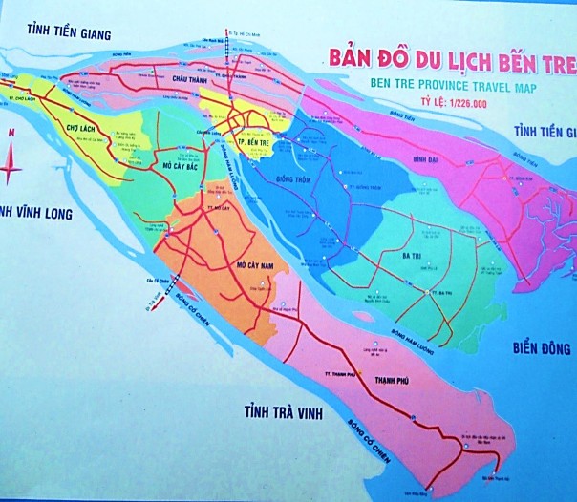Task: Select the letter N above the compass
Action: click(10, 135)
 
